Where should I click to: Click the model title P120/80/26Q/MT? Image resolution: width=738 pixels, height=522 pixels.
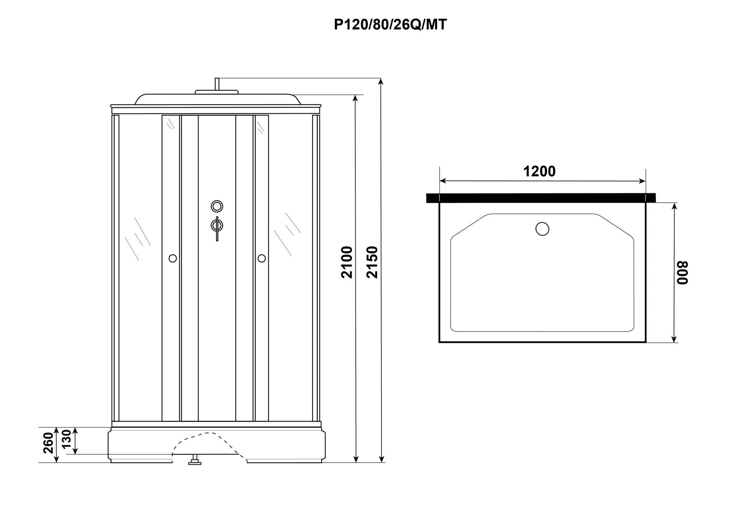[x=390, y=25]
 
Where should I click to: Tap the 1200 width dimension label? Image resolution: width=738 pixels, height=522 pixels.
[x=539, y=171]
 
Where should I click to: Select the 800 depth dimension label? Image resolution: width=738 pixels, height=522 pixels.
[x=683, y=273]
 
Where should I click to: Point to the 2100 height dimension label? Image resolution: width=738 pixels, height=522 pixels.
[x=347, y=262]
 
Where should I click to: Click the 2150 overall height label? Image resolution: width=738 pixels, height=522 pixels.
[x=372, y=262]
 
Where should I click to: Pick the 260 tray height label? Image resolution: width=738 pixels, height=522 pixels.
[x=49, y=443]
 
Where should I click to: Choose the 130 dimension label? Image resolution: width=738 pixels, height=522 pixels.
[x=66, y=439]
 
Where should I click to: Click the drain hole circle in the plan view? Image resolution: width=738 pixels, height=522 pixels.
[x=542, y=229]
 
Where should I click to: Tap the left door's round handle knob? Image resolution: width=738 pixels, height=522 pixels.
[x=173, y=258]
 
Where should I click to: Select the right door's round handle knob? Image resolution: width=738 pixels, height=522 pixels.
[x=262, y=258]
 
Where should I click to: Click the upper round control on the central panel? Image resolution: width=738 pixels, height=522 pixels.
[x=217, y=206]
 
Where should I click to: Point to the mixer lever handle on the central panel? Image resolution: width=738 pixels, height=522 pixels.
[x=217, y=229]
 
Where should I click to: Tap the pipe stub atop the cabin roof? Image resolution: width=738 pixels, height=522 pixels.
[x=217, y=84]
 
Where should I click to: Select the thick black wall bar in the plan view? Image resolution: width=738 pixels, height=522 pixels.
[x=541, y=198]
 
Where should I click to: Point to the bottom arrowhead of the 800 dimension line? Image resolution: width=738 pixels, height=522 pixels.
[x=674, y=339]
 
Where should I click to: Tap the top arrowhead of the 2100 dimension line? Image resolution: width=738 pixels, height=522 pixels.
[x=356, y=99]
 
